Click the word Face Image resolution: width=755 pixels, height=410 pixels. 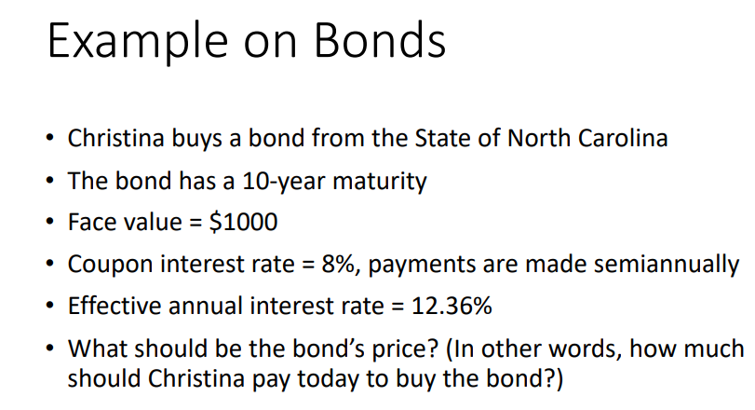point(91,223)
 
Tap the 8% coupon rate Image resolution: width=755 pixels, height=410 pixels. point(330,264)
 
